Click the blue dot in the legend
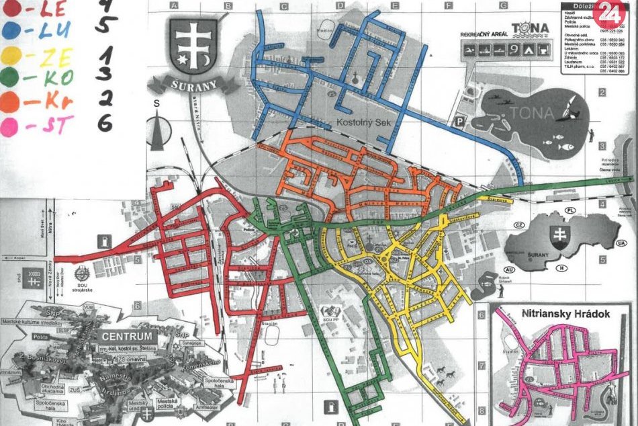11,30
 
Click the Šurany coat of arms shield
193,46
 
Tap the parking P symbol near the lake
460,122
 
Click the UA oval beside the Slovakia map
621,243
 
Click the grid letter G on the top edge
502,6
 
